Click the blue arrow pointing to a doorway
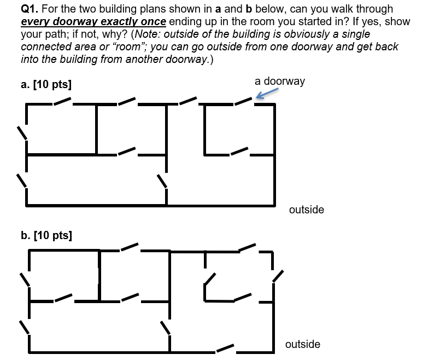click(265, 95)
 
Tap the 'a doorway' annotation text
click(279, 82)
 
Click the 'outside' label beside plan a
click(306, 210)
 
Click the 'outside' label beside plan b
click(302, 344)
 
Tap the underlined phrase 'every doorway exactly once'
click(93, 22)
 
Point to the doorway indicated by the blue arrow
click(244, 101)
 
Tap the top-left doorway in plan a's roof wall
click(62, 101)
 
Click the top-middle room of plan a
click(131, 126)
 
